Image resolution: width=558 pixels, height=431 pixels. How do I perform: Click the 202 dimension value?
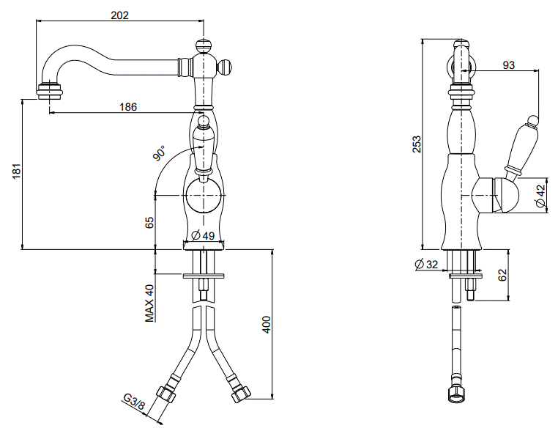coord(119,15)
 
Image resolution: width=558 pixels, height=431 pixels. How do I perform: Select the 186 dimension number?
coord(128,106)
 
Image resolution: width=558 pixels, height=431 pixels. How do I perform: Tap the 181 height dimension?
coord(17,171)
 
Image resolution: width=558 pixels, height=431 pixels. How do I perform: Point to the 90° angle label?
coord(160,152)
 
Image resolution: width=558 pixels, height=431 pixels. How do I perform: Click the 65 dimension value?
coord(149,222)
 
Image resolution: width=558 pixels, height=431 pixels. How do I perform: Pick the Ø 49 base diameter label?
coord(203,235)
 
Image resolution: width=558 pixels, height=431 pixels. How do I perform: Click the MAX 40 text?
coord(150,303)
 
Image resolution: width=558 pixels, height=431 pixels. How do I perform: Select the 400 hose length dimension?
coord(267,325)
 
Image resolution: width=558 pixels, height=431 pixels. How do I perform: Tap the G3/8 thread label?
coord(134,402)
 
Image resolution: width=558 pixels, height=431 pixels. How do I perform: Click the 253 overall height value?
coord(417,144)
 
